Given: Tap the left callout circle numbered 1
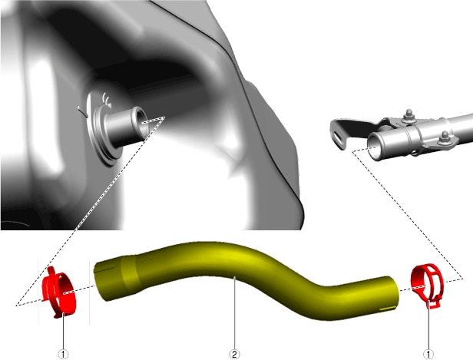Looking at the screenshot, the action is [x=63, y=355].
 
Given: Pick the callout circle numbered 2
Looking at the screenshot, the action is [x=234, y=355].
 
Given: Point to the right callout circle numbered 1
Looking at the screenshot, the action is [x=428, y=355].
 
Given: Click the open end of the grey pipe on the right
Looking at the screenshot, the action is [x=374, y=147].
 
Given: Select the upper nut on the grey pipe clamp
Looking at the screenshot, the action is [x=409, y=116].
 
